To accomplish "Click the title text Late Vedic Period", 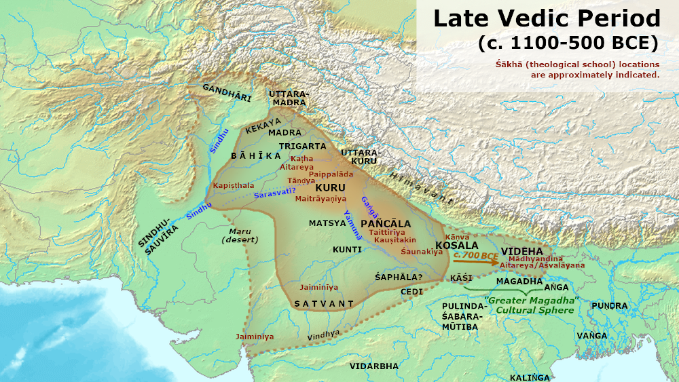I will (x=547, y=18).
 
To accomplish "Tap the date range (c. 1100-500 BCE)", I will (x=567, y=43).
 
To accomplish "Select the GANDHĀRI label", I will (x=227, y=92).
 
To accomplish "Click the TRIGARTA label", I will (x=297, y=145).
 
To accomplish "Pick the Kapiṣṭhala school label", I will (x=234, y=185).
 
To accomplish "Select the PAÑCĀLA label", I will (x=386, y=223).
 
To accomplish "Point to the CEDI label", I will (x=412, y=291).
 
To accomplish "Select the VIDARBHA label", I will (x=374, y=366).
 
